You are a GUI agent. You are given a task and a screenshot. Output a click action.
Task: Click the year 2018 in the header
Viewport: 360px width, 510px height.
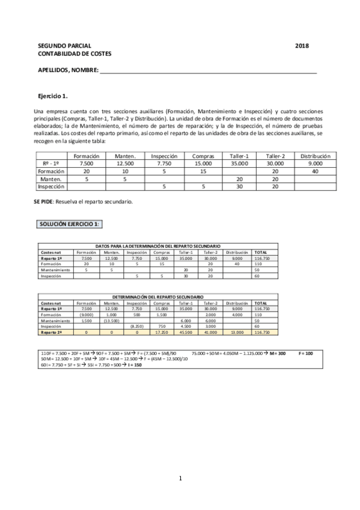(302, 46)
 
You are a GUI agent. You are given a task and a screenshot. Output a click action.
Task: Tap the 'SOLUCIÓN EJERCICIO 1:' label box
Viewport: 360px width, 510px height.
(70, 224)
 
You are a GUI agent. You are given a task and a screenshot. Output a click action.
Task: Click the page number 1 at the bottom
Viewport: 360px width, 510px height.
(180, 479)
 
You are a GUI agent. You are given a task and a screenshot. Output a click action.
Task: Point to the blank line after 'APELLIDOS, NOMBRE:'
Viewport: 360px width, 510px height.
(208, 71)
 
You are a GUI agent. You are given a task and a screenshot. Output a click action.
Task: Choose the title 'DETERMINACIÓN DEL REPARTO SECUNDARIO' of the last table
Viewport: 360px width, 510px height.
(158, 297)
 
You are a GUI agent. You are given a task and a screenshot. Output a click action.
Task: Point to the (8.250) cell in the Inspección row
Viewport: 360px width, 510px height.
(136, 326)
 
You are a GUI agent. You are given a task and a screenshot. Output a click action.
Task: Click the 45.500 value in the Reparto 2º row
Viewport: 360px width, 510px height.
(185, 332)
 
